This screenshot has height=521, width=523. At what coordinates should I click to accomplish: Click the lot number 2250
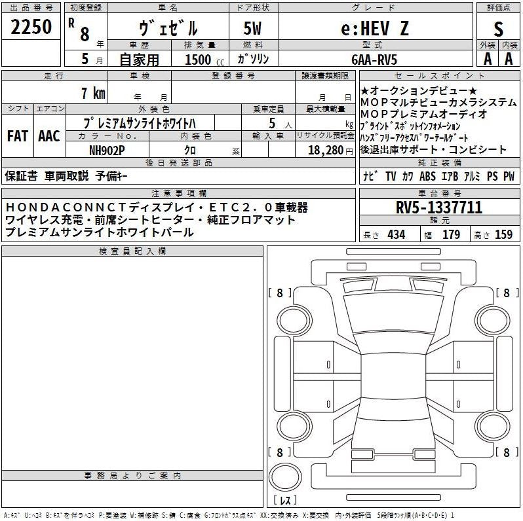coord(31,27)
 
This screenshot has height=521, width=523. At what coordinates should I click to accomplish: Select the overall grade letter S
coord(498,29)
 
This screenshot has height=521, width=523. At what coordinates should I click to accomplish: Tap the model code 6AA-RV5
coord(374,60)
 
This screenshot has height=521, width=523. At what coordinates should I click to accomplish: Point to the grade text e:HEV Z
coord(375,28)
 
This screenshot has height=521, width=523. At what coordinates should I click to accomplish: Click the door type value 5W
coord(252,28)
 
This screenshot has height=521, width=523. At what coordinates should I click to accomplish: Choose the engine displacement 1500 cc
coord(204,60)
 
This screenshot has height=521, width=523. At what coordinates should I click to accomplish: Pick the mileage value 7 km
coord(93,93)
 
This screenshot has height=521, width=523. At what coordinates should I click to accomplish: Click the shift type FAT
coord(17,136)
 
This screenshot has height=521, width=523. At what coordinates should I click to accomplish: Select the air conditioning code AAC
coord(49,136)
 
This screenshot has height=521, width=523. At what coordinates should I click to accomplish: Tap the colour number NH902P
coord(107,151)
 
